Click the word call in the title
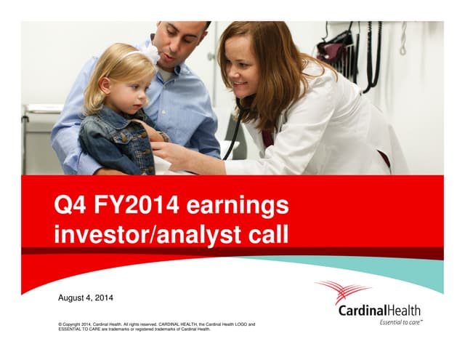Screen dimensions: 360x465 click(x=264, y=234)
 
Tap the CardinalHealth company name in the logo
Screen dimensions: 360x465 click(x=379, y=311)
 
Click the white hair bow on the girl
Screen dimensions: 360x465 click(x=150, y=53)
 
